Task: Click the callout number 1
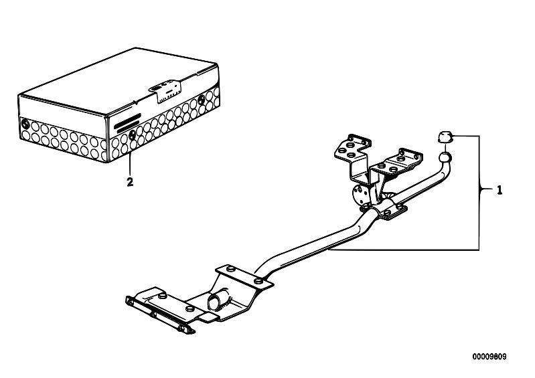[500, 190]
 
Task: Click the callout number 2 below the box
[130, 182]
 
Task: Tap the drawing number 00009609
[489, 357]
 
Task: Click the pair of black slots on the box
[128, 122]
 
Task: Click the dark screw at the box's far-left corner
[25, 122]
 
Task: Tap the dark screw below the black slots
[133, 135]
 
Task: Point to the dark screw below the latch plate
[202, 100]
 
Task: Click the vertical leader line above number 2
[130, 165]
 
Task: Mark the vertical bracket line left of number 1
[479, 193]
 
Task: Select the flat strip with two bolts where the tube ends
[244, 276]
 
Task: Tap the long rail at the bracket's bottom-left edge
[159, 315]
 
